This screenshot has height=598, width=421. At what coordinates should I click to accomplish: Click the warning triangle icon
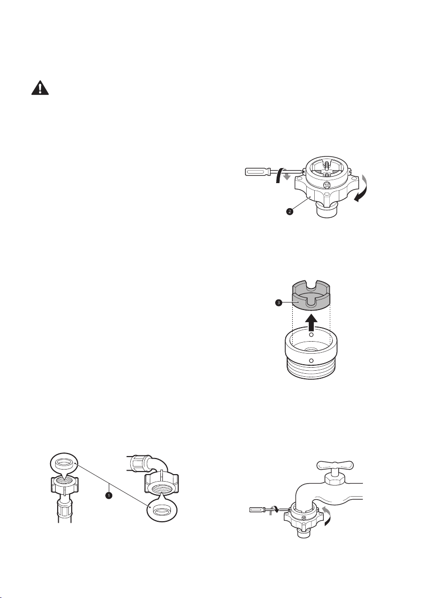click(x=40, y=88)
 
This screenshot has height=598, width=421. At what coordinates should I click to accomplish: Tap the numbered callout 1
click(x=109, y=495)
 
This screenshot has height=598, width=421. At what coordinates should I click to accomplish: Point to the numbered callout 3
click(x=279, y=303)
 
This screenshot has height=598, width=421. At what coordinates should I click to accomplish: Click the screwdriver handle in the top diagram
click(x=258, y=172)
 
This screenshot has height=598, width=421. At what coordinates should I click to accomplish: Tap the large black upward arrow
click(x=312, y=323)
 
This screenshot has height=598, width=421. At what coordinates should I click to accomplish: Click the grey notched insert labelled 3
click(x=311, y=295)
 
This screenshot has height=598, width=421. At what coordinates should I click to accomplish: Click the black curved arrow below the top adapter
click(x=361, y=195)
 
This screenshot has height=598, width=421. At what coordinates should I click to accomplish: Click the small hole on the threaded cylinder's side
click(x=311, y=361)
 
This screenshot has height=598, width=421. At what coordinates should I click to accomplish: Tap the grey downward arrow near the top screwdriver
click(x=287, y=176)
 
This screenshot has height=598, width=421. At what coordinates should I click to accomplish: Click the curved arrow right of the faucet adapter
click(x=326, y=516)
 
